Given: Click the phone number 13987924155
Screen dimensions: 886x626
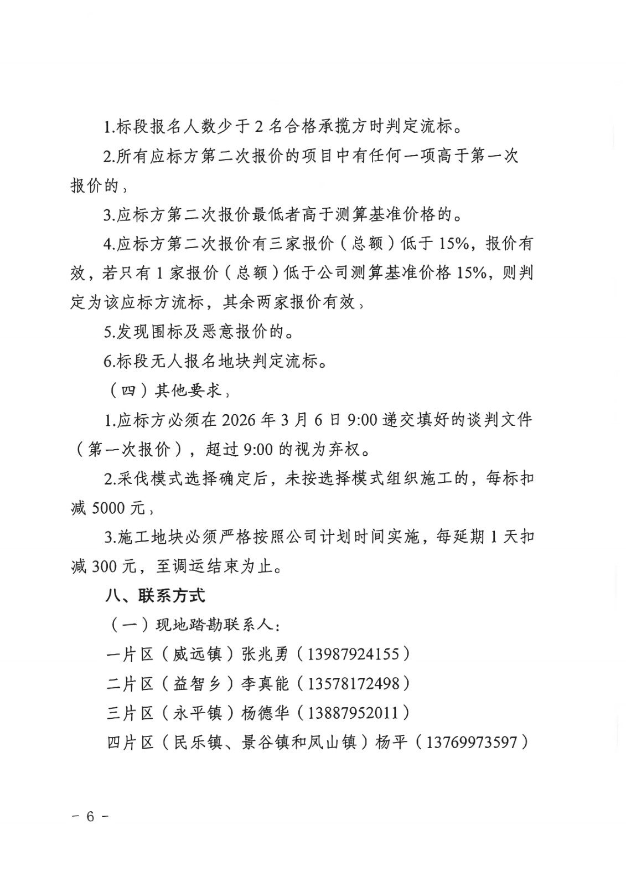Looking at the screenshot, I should tap(353, 654).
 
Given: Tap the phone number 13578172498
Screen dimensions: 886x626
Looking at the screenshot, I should tap(353, 683).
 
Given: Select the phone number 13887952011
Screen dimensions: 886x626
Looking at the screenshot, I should tap(353, 712).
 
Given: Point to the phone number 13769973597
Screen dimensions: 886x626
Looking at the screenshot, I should tap(471, 741).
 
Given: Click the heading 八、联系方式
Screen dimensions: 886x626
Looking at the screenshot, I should tap(156, 596).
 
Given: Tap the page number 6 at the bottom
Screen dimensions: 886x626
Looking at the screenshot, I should tap(90, 816).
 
